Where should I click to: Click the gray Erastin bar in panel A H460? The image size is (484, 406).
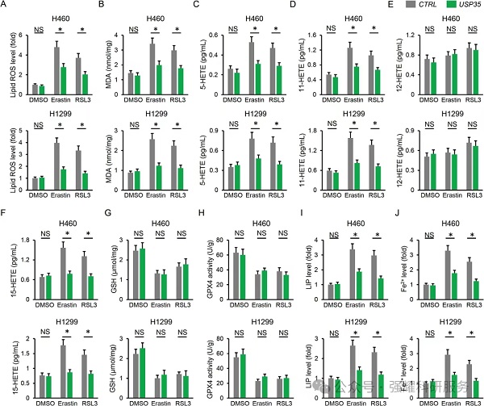(57, 72)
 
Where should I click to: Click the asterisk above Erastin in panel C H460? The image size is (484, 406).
(255, 30)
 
